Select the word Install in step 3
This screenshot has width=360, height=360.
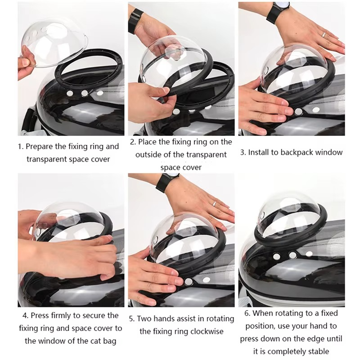[x=260, y=152]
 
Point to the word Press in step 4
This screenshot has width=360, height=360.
[x=40, y=315]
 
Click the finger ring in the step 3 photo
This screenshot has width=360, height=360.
[x=323, y=33]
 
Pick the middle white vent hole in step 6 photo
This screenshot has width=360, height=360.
[x=293, y=255]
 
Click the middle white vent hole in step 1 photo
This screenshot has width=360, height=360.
[x=84, y=93]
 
